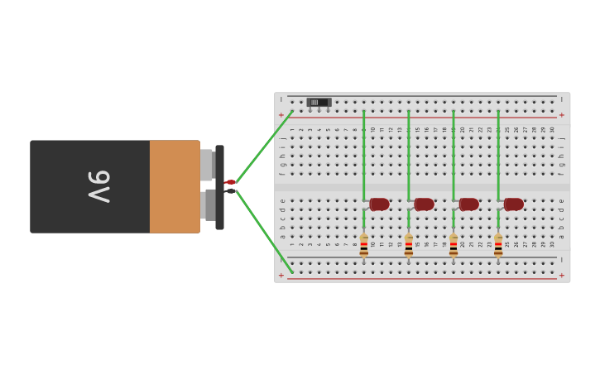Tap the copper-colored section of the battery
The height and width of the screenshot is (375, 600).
174,186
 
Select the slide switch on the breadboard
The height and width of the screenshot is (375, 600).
319,103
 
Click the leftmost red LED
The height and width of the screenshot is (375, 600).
379,204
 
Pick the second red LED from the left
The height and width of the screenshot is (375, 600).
424,204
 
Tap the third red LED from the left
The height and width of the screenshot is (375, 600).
468,204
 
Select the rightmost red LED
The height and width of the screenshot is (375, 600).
513,204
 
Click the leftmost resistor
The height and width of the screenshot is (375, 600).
363,246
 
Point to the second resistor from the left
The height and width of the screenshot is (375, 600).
408,246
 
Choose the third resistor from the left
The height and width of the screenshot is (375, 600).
453,246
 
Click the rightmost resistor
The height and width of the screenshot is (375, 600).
498,246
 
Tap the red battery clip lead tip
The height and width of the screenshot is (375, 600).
231,182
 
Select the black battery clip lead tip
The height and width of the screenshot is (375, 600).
231,191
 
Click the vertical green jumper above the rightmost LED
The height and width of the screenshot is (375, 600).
498,153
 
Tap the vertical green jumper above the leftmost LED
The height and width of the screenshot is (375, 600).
363,153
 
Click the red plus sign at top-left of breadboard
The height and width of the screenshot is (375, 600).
281,115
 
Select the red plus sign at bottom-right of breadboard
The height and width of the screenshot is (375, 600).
562,275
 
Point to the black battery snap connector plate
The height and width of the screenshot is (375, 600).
219,187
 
